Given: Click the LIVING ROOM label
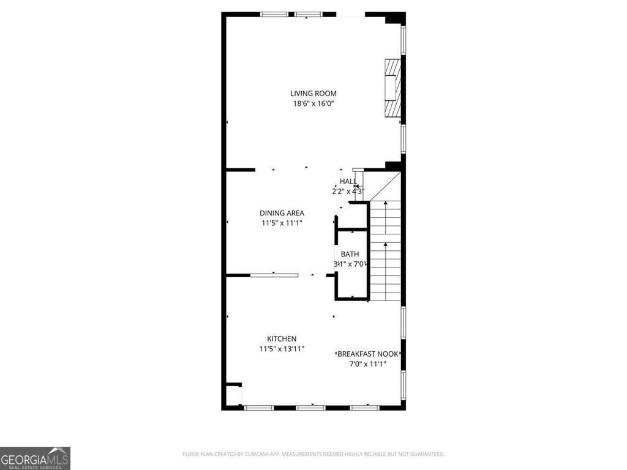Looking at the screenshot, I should click(x=313, y=94).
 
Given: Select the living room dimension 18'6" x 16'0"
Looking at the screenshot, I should click(x=313, y=103).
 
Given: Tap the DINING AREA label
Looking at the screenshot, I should click(x=282, y=213).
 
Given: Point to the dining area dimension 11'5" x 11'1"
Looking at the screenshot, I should click(x=282, y=223).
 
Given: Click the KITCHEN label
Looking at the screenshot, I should click(x=282, y=339).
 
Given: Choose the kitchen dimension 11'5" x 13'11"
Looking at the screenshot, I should click(x=282, y=349).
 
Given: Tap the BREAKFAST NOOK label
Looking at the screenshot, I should click(x=369, y=354).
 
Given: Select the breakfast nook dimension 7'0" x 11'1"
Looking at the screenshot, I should click(x=368, y=364).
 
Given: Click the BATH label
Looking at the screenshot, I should click(x=350, y=255).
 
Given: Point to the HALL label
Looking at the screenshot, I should click(x=348, y=181).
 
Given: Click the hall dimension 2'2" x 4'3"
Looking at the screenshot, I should click(x=348, y=191).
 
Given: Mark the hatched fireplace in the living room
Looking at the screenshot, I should click(x=392, y=87).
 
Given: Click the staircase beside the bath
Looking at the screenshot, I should click(x=385, y=257).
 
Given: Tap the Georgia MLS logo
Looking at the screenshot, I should click(x=35, y=458).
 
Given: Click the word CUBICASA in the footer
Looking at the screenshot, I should click(x=252, y=454).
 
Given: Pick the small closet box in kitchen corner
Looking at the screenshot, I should click(x=233, y=395).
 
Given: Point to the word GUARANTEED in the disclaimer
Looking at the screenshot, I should click(x=427, y=454).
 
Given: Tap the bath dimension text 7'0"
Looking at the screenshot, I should click(x=358, y=264).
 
